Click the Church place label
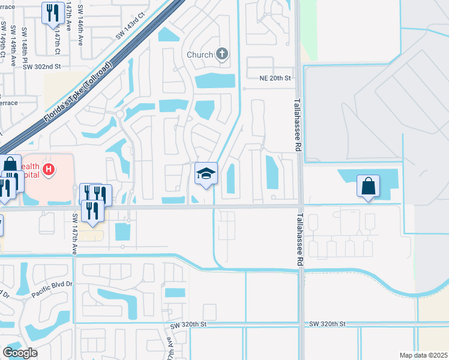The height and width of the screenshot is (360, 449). tap(200, 55)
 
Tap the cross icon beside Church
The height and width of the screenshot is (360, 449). tap(222, 55)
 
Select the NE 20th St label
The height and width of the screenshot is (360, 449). tap(274, 78)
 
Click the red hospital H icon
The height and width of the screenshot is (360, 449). tap(49, 171)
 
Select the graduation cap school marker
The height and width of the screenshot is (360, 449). tap(206, 174)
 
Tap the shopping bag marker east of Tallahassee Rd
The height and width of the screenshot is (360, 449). tap(368, 187)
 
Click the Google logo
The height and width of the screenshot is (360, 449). tap(20, 353)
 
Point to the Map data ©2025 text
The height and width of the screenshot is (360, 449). tap(423, 355)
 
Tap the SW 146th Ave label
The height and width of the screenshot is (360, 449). tap(82, 32)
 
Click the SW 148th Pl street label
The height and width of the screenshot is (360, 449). tap(24, 45)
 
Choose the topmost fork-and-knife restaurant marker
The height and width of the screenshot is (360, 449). tap(53, 13)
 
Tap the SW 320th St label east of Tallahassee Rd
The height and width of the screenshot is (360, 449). tap(328, 324)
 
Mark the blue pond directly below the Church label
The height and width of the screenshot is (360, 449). tap(215, 79)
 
